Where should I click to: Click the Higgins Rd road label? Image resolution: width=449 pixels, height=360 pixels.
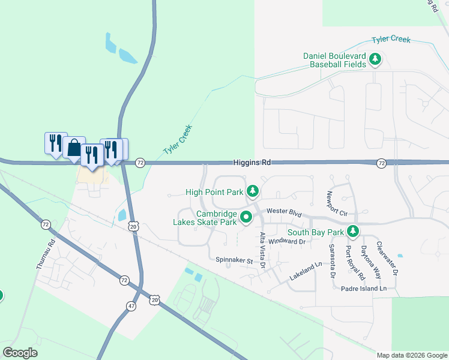pyautogui.click(x=252, y=163)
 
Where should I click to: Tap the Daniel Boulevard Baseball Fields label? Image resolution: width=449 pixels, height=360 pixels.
pyautogui.click(x=334, y=60)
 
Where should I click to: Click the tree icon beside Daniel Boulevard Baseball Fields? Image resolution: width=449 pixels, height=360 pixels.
pyautogui.click(x=375, y=59)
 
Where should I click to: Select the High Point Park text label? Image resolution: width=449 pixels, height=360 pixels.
pyautogui.click(x=214, y=193)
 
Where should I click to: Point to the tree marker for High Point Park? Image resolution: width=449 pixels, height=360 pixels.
pyautogui.click(x=253, y=191)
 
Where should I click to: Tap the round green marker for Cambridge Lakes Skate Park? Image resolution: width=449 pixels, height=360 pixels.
pyautogui.click(x=246, y=218)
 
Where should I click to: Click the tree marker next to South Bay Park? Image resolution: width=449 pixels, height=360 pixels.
pyautogui.click(x=354, y=231)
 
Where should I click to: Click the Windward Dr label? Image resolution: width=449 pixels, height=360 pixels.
pyautogui.click(x=287, y=241)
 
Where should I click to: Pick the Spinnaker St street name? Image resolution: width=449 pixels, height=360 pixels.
pyautogui.click(x=235, y=260)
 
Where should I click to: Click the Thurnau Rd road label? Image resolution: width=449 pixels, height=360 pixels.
pyautogui.click(x=46, y=254)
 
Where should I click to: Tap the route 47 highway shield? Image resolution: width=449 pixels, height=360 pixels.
pyautogui.click(x=131, y=306)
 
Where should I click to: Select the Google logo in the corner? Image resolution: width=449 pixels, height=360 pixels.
pyautogui.click(x=20, y=353)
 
